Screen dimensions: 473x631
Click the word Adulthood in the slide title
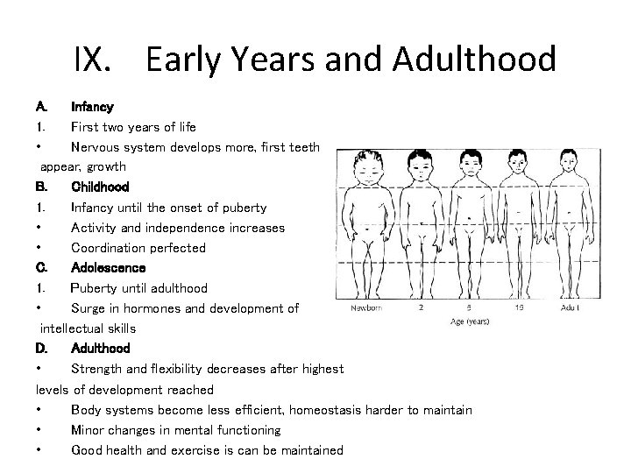coord(475,60)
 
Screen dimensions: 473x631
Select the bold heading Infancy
coord(92,107)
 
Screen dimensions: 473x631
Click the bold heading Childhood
coord(100,187)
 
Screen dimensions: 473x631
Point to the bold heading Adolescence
coord(108,267)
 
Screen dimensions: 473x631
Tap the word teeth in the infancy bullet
coord(302,147)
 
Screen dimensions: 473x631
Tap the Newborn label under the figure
coord(371,307)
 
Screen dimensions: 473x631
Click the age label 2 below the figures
coord(422,307)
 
